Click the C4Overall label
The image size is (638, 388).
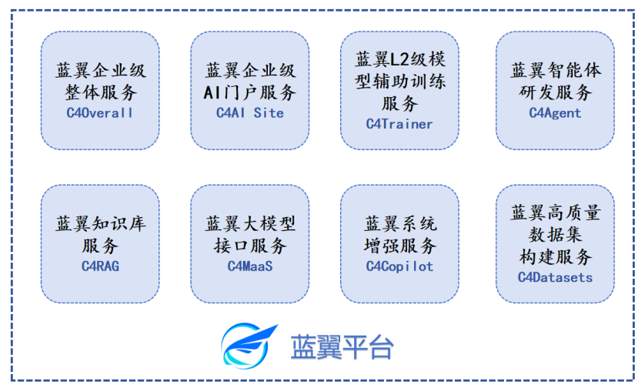[x=100, y=112]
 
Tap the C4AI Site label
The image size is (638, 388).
[x=250, y=112]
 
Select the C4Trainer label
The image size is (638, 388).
[x=399, y=124]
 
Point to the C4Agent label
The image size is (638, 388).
[x=555, y=112]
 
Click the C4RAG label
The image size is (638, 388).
[x=100, y=266]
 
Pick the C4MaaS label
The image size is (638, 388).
[x=250, y=266]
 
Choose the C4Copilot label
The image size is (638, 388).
[x=399, y=266]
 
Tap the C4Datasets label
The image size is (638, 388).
[x=555, y=277]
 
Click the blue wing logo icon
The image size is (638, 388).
[x=249, y=346]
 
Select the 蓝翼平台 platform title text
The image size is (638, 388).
[x=342, y=347]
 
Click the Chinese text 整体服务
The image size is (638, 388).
[x=101, y=92]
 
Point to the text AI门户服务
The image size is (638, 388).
[x=250, y=92]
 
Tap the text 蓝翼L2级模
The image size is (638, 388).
[x=400, y=59]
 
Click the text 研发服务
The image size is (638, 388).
[x=556, y=92]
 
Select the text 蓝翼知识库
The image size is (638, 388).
[x=101, y=223]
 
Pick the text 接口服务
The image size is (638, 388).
[x=250, y=246]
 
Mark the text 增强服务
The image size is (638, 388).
[x=400, y=246]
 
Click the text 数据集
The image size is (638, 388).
[x=555, y=235]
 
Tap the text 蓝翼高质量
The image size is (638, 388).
[x=556, y=212]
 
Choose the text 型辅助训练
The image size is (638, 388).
[x=400, y=82]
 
